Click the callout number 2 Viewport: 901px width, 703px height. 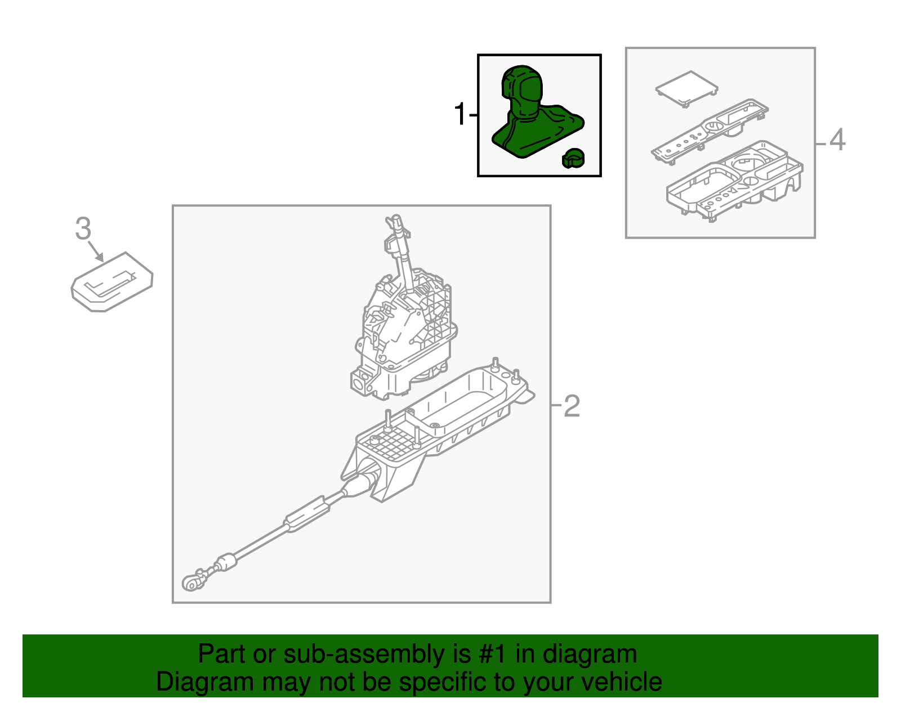(572, 406)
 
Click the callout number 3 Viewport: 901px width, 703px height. (83, 229)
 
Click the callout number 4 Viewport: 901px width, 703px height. (837, 140)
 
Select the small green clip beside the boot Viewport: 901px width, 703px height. (573, 159)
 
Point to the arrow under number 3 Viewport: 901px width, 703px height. (96, 252)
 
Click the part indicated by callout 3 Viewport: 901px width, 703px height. (112, 281)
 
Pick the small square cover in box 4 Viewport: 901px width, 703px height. (686, 89)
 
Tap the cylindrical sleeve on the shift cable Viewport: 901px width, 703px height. (306, 514)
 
